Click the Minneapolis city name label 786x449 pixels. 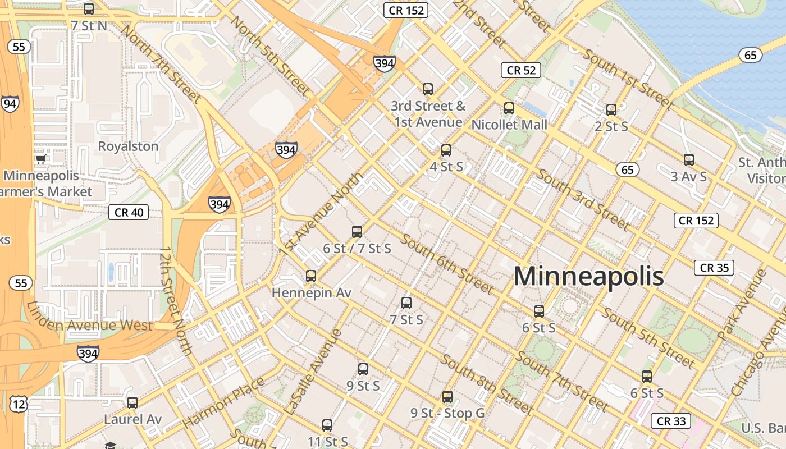point(588,277)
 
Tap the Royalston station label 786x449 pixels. point(128,146)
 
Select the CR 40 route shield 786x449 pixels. point(129,212)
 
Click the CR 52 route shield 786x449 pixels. point(521,70)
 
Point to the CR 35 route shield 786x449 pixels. point(714,268)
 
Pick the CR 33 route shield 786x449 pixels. point(671,421)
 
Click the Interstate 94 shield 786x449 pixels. point(10,104)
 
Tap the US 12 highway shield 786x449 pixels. point(19,404)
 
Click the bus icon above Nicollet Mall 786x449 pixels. point(509,108)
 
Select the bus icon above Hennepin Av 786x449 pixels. point(311,276)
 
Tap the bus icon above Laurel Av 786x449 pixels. point(132,403)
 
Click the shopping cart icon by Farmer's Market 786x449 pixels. point(40,159)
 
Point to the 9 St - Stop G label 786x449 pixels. point(447,414)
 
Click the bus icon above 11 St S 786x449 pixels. point(327,425)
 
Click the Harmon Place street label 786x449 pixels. point(223,402)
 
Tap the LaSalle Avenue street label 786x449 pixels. point(313,372)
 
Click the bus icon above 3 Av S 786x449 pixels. point(689,160)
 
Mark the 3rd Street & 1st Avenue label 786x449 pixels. point(428,114)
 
